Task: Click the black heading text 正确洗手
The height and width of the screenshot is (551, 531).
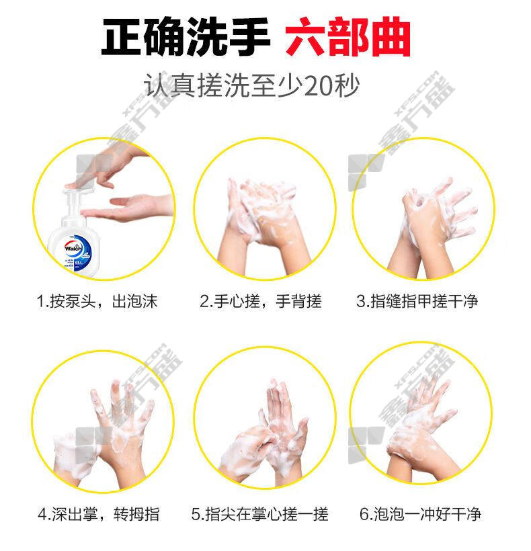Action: [x=186, y=37]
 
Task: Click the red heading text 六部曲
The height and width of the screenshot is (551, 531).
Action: [x=348, y=37]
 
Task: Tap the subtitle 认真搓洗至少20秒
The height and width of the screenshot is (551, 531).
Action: [x=251, y=85]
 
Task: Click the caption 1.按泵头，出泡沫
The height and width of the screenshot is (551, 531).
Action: [x=97, y=301]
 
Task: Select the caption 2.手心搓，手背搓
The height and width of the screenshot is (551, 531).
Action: [x=260, y=301]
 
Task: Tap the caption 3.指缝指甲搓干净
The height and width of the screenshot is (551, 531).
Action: [x=417, y=301]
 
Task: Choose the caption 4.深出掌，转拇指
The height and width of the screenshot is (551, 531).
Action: [x=98, y=514]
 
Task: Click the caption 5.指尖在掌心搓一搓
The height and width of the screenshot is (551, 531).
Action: [x=259, y=514]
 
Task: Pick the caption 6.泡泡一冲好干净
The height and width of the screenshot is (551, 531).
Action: [x=420, y=514]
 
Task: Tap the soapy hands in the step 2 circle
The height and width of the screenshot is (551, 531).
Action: [x=263, y=225]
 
